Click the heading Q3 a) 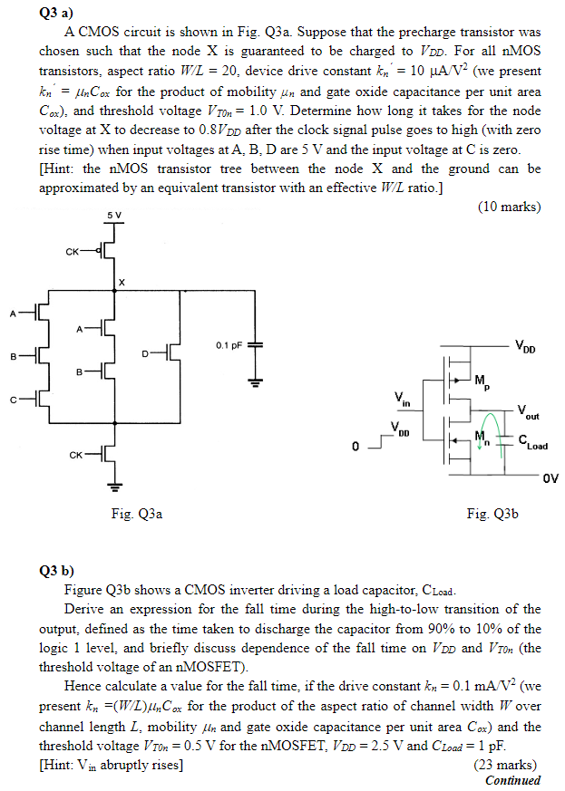60,13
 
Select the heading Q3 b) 61,571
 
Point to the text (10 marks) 508,207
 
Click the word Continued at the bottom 512,780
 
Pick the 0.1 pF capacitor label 229,345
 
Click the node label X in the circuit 122,283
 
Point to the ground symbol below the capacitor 255,383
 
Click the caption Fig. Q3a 136,514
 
